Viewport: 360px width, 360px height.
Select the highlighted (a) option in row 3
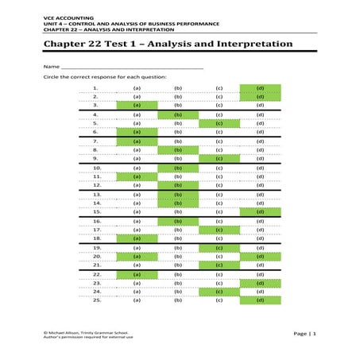(x=137, y=104)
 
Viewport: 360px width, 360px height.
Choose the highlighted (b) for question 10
(x=178, y=168)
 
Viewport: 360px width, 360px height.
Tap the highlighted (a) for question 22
(x=137, y=274)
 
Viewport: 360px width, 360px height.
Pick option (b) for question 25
(x=178, y=300)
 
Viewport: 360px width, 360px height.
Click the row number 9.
(x=95, y=158)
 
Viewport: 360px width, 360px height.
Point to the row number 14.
(x=96, y=203)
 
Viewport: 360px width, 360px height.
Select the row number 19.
(x=96, y=248)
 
